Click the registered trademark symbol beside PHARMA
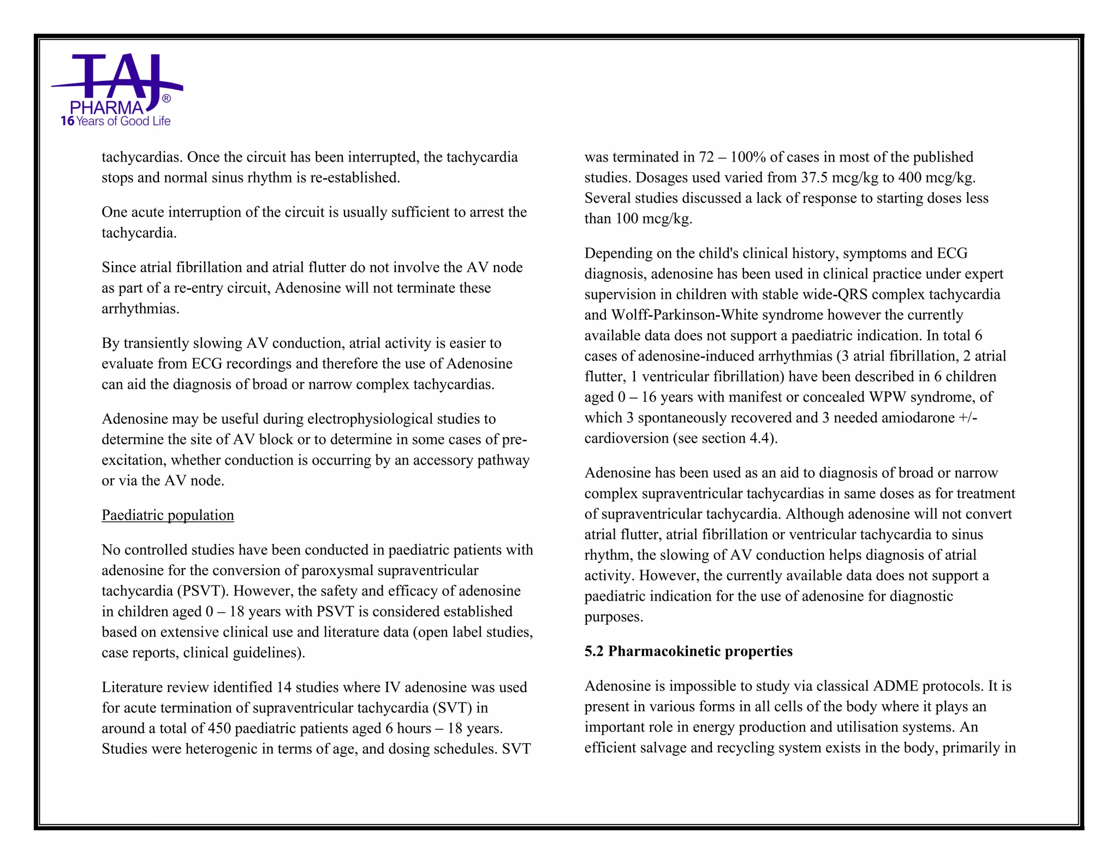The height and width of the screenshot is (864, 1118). click(x=166, y=99)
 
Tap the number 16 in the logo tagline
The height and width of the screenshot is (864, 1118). click(x=67, y=121)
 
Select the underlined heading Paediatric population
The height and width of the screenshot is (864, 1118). click(x=168, y=515)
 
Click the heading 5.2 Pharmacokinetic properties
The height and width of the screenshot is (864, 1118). click(x=688, y=651)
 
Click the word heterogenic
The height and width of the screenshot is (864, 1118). click(x=222, y=749)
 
